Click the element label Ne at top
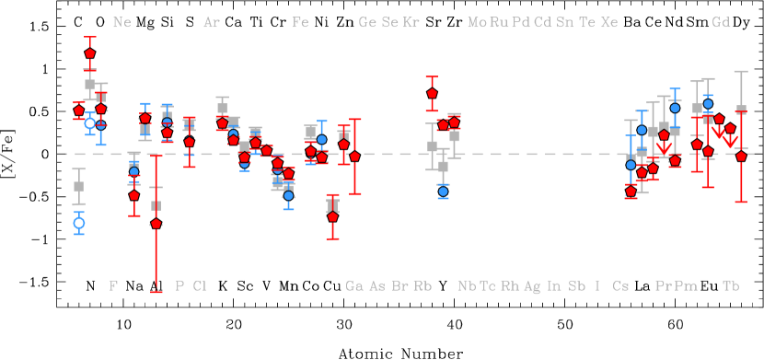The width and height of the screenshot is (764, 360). click(x=122, y=22)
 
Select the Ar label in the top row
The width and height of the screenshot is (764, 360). click(x=212, y=22)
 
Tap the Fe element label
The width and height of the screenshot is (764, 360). click(x=300, y=22)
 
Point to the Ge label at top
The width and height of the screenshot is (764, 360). click(x=367, y=22)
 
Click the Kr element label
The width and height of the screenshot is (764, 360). click(x=411, y=22)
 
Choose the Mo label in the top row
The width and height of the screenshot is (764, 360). click(x=477, y=22)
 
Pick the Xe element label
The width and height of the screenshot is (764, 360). click(x=609, y=22)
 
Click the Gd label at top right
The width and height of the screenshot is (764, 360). click(x=721, y=22)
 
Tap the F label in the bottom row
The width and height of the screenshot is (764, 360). click(x=113, y=285)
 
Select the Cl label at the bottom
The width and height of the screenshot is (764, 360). click(x=200, y=285)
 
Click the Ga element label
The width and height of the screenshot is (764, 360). click(x=354, y=285)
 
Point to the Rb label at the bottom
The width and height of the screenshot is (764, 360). click(x=423, y=285)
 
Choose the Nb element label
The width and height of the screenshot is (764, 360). click(x=467, y=285)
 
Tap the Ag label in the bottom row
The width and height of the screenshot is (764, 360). click(x=532, y=285)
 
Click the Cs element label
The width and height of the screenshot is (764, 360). click(x=620, y=285)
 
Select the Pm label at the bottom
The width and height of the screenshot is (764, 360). click(x=686, y=285)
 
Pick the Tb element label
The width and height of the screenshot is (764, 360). click(x=731, y=285)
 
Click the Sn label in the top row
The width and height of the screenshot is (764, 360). click(x=565, y=22)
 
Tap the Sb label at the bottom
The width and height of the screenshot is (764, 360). click(x=576, y=285)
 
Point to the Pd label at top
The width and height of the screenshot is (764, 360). click(x=521, y=22)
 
